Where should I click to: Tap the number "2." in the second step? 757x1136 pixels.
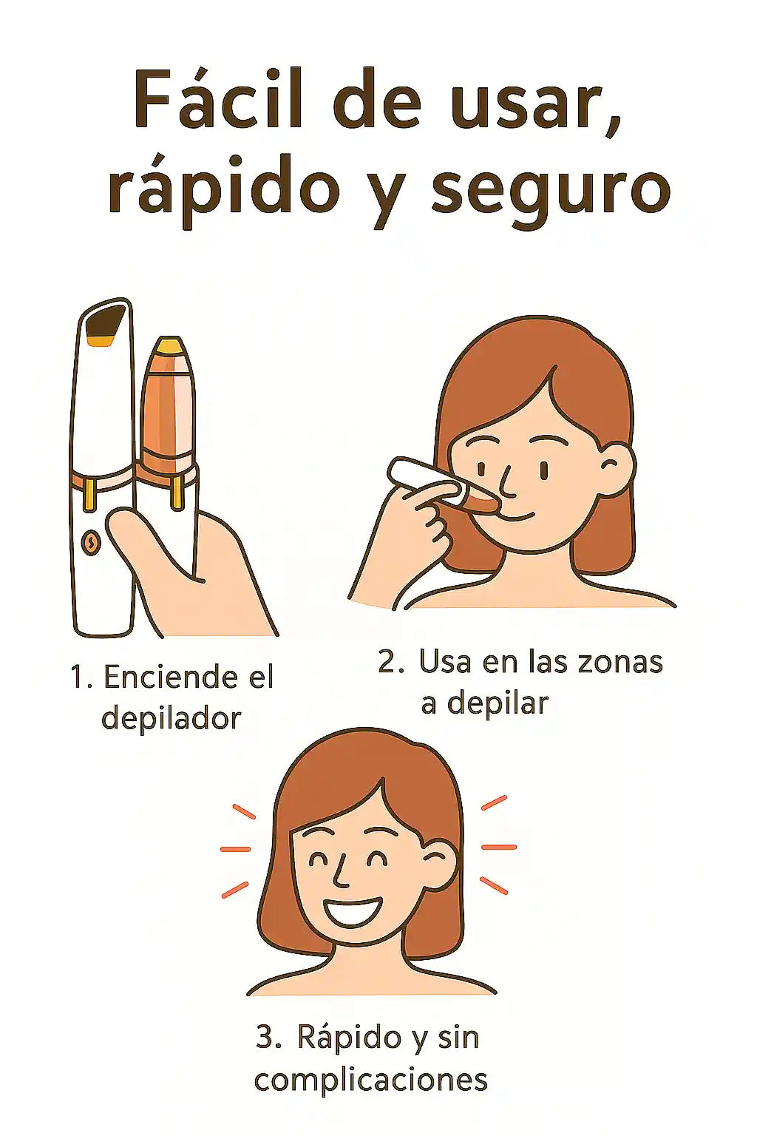click(391, 662)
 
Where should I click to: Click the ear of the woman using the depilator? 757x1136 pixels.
click(615, 469)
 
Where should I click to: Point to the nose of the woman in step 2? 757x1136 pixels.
click(508, 481)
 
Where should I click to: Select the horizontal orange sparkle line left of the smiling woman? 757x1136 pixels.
click(235, 850)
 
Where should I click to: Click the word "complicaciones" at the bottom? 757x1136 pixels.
click(370, 1080)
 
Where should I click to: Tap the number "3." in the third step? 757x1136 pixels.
click(269, 1037)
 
